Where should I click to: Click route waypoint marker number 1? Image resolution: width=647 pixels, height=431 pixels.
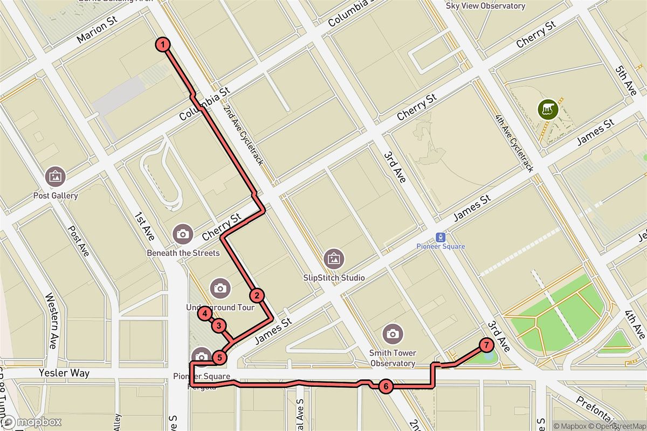pyautogui.click(x=163, y=45)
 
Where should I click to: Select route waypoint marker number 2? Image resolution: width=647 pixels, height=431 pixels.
pyautogui.click(x=257, y=295)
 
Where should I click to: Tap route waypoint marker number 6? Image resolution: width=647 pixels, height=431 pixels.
pyautogui.click(x=386, y=386)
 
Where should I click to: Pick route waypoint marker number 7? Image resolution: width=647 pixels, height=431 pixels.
pyautogui.click(x=486, y=345)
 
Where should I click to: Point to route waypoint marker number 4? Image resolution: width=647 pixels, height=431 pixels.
pyautogui.click(x=205, y=314)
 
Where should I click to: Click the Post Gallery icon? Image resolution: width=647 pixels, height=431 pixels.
pyautogui.click(x=56, y=176)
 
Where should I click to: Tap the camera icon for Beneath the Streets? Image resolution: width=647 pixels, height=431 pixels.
pyautogui.click(x=183, y=234)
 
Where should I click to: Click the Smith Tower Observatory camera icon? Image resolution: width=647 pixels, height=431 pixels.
pyautogui.click(x=393, y=334)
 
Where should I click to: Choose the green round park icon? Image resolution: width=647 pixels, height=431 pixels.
pyautogui.click(x=548, y=109)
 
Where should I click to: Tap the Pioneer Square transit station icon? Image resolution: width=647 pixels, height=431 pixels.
pyautogui.click(x=441, y=237)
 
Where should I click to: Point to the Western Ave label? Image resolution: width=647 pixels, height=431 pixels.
pyautogui.click(x=52, y=320)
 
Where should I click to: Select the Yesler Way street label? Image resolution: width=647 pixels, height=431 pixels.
pyautogui.click(x=64, y=373)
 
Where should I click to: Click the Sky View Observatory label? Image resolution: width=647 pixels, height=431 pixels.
pyautogui.click(x=486, y=6)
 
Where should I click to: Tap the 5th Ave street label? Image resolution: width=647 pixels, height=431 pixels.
pyautogui.click(x=628, y=81)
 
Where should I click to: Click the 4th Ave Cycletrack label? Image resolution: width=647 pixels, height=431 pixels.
pyautogui.click(x=515, y=144)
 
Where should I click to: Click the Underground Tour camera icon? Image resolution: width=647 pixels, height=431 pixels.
pyautogui.click(x=220, y=288)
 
